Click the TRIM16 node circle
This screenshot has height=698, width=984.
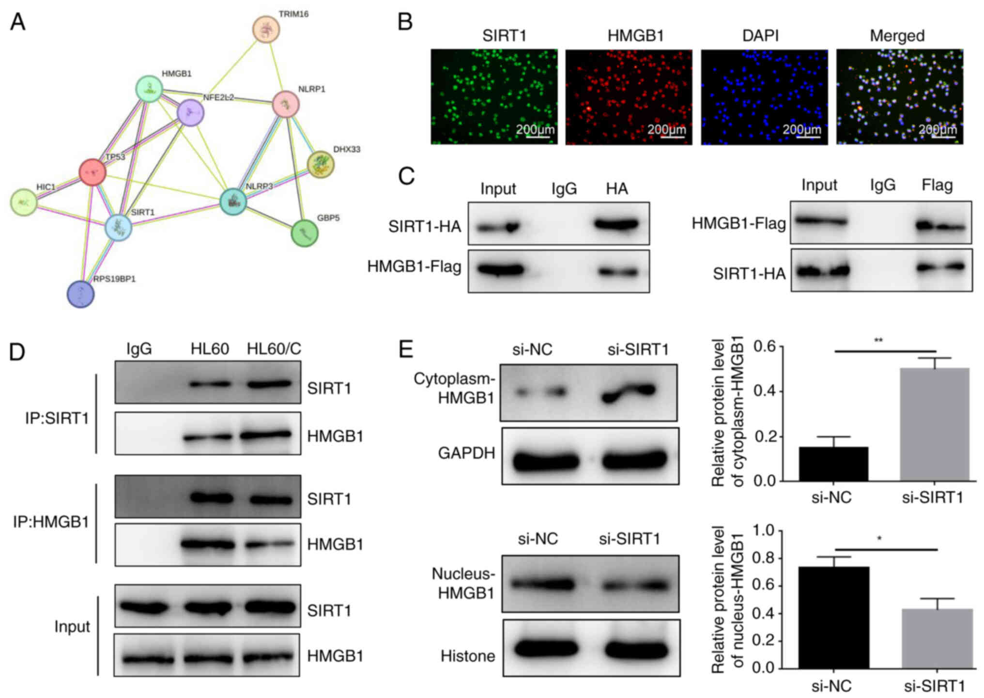click(x=266, y=29)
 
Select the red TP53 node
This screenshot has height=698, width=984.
click(x=92, y=172)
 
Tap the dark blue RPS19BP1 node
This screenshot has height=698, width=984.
click(x=80, y=294)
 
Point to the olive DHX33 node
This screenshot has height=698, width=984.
click(x=321, y=165)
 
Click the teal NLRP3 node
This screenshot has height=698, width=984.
click(x=233, y=202)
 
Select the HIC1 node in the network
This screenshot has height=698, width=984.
click(x=24, y=202)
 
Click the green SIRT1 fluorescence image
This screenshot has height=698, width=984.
click(x=494, y=96)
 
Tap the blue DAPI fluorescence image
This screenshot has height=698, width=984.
click(x=764, y=96)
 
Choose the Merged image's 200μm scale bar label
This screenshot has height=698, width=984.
click(x=938, y=129)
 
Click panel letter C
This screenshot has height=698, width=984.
click(x=406, y=176)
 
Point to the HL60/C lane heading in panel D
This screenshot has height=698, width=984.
click(x=274, y=349)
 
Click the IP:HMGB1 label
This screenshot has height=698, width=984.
click(x=51, y=522)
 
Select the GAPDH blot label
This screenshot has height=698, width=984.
click(x=466, y=453)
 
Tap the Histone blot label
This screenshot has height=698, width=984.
click(x=467, y=656)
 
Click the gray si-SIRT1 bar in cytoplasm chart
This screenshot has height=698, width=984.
click(x=934, y=424)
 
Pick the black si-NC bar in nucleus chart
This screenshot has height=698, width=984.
click(x=833, y=617)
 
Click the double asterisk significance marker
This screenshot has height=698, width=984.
click(x=878, y=341)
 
